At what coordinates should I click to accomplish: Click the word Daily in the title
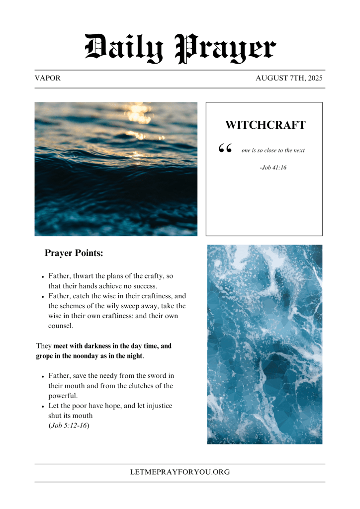pos(124,48)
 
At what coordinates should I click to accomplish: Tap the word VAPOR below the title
pos(48,79)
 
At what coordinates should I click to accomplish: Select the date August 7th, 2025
pos(289,79)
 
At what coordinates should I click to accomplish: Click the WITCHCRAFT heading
pos(265,125)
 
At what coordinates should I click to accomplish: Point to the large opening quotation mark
pos(225,149)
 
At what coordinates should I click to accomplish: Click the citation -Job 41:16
pos(273,168)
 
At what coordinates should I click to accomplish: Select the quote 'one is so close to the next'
pos(273,150)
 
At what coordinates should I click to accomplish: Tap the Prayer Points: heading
pos(74,253)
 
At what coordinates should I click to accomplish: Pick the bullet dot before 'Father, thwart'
pos(44,276)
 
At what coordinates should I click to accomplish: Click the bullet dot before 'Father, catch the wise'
pos(44,297)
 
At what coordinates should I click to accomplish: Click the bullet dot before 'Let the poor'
pos(44,407)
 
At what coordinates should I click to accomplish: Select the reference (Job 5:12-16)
pos(69,425)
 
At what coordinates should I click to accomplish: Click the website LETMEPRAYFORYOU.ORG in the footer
pos(180,472)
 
